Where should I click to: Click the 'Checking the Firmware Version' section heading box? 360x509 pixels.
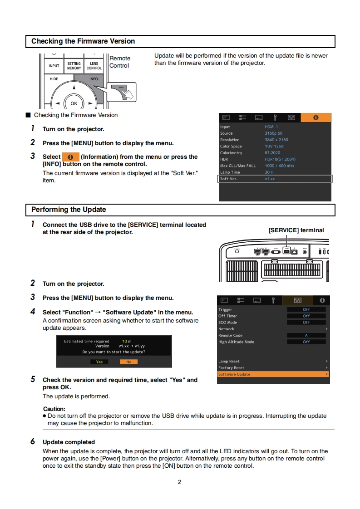click(x=180, y=41)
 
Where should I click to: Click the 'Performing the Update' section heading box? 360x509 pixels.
click(x=180, y=210)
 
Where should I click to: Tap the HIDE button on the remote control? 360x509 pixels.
click(x=54, y=79)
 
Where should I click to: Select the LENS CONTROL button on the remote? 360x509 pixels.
click(x=94, y=66)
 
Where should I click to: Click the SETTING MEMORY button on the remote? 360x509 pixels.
click(x=74, y=66)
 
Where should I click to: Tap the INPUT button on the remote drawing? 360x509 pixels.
click(x=54, y=66)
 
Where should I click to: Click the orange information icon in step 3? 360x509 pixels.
click(x=70, y=157)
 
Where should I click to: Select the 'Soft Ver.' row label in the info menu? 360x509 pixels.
click(x=229, y=179)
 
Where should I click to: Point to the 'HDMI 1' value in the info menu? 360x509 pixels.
click(x=271, y=127)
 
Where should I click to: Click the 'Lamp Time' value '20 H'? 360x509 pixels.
click(x=269, y=172)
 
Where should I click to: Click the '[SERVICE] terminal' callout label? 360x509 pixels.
click(x=296, y=230)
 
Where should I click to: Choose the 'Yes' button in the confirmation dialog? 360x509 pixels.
click(x=99, y=362)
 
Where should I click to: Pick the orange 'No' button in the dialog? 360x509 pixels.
click(x=128, y=362)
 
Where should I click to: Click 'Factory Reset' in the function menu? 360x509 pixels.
click(x=232, y=368)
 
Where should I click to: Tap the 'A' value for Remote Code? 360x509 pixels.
click(x=306, y=335)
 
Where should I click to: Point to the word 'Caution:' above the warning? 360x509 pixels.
click(x=54, y=409)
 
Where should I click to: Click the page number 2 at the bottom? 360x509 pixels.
click(x=179, y=482)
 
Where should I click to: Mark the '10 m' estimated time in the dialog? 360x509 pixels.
click(x=127, y=341)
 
